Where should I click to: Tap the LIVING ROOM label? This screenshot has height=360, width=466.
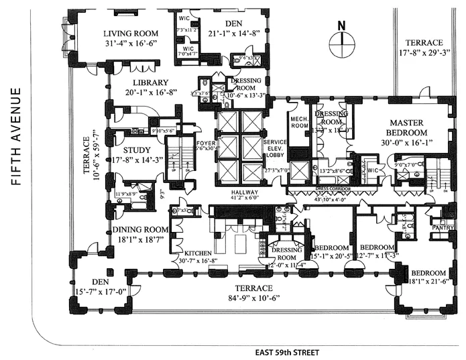click(131, 34)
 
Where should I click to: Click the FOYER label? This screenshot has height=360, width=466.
click(203, 143)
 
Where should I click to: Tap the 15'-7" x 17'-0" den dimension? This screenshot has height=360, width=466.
click(101, 293)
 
